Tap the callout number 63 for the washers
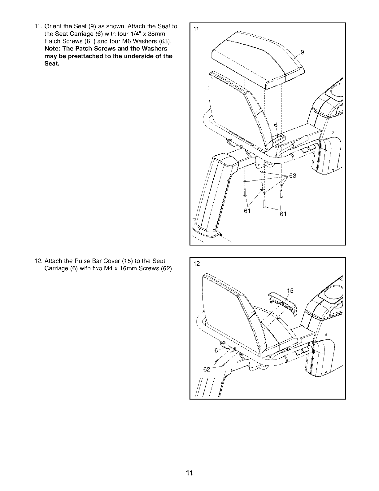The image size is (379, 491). tap(293, 176)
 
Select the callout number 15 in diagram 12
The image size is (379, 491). tap(290, 291)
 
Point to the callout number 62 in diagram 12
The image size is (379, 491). tap(207, 369)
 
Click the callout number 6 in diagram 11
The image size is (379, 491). tap(276, 125)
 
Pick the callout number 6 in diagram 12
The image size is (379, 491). tap(216, 351)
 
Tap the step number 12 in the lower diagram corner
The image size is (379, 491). tap(197, 264)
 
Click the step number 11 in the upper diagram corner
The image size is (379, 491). tap(196, 29)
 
